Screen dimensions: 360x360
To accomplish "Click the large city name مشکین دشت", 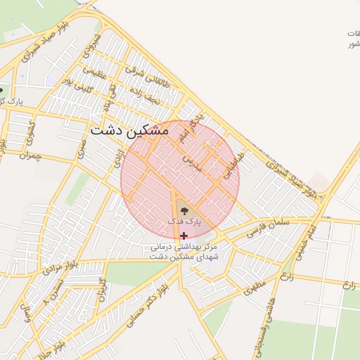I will pos(129,131).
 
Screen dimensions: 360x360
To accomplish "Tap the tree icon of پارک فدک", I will pos(184,209).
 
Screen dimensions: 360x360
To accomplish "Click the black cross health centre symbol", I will pos(184,236).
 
